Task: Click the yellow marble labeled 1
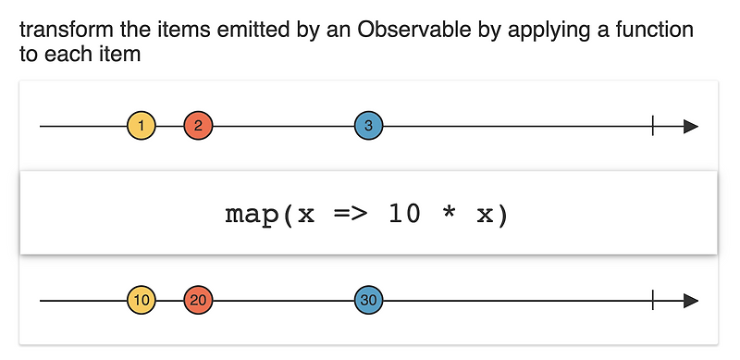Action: pyautogui.click(x=142, y=126)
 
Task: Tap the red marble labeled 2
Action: pyautogui.click(x=198, y=126)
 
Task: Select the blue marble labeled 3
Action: pyautogui.click(x=369, y=126)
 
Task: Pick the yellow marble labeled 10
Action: pyautogui.click(x=142, y=300)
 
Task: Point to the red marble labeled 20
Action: pyautogui.click(x=198, y=300)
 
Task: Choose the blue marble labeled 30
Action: pyautogui.click(x=369, y=300)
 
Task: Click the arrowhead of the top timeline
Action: pyautogui.click(x=690, y=126)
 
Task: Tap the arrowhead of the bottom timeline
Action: pyautogui.click(x=690, y=300)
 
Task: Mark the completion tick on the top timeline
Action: pyautogui.click(x=653, y=126)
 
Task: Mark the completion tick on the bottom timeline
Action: pyautogui.click(x=653, y=300)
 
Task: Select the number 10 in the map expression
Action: pyautogui.click(x=405, y=214)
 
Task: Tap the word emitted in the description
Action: pyautogui.click(x=226, y=30)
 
